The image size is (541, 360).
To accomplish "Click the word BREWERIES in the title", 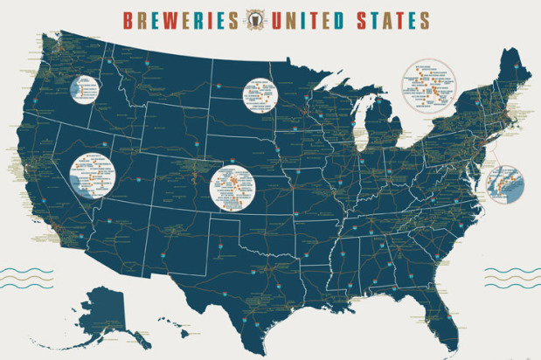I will pos(180,19).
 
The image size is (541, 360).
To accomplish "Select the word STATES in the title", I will pos(392,19).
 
